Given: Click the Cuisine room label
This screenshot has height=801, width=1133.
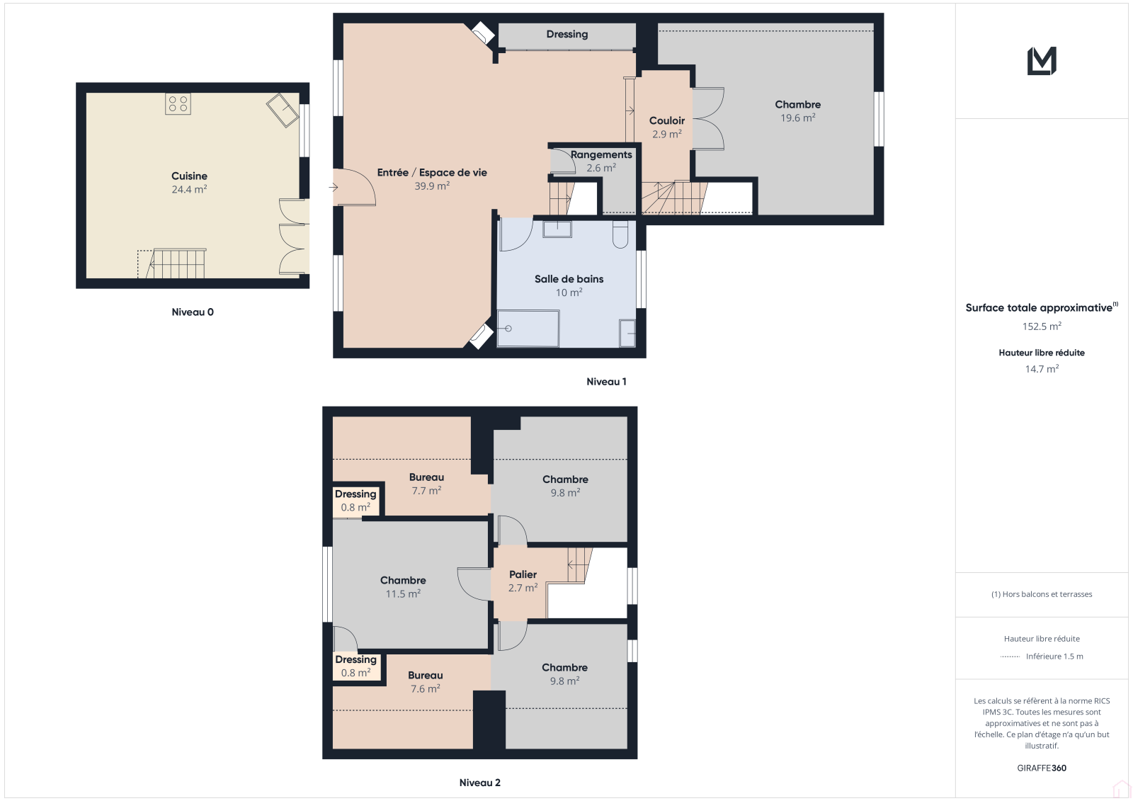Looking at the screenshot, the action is [189, 176].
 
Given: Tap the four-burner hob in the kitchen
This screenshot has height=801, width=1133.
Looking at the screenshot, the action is [178, 104].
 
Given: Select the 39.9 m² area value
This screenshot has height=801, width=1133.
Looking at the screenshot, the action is [432, 186].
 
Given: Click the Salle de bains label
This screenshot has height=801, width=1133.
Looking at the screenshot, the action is [569, 279].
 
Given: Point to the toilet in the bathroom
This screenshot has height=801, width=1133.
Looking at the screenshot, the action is [620, 235].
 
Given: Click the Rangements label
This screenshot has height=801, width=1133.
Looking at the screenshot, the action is [601, 154].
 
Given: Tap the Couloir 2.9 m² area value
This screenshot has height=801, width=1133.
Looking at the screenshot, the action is [666, 134].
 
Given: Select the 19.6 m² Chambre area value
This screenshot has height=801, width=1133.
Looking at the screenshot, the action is [797, 118].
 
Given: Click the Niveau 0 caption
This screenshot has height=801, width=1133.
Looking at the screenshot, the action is [193, 312].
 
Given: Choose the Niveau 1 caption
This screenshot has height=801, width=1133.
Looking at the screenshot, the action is [606, 382].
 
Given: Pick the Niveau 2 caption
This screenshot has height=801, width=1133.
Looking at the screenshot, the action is [480, 783].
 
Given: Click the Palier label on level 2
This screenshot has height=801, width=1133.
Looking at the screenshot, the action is [523, 574].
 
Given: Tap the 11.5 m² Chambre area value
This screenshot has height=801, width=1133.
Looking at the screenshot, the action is [403, 593].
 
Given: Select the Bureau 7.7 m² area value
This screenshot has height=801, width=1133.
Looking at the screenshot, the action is [426, 490].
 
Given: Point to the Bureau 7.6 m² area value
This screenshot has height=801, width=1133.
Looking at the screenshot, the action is [426, 688].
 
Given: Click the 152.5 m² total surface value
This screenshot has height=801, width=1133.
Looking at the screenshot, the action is [1042, 326].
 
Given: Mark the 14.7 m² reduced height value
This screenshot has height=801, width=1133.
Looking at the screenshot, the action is [1042, 369].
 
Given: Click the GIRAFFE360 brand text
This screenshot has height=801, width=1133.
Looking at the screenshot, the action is [1042, 768].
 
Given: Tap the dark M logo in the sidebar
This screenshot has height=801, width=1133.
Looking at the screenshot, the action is [1042, 61].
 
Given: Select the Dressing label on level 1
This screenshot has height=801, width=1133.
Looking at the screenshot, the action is [567, 35].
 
